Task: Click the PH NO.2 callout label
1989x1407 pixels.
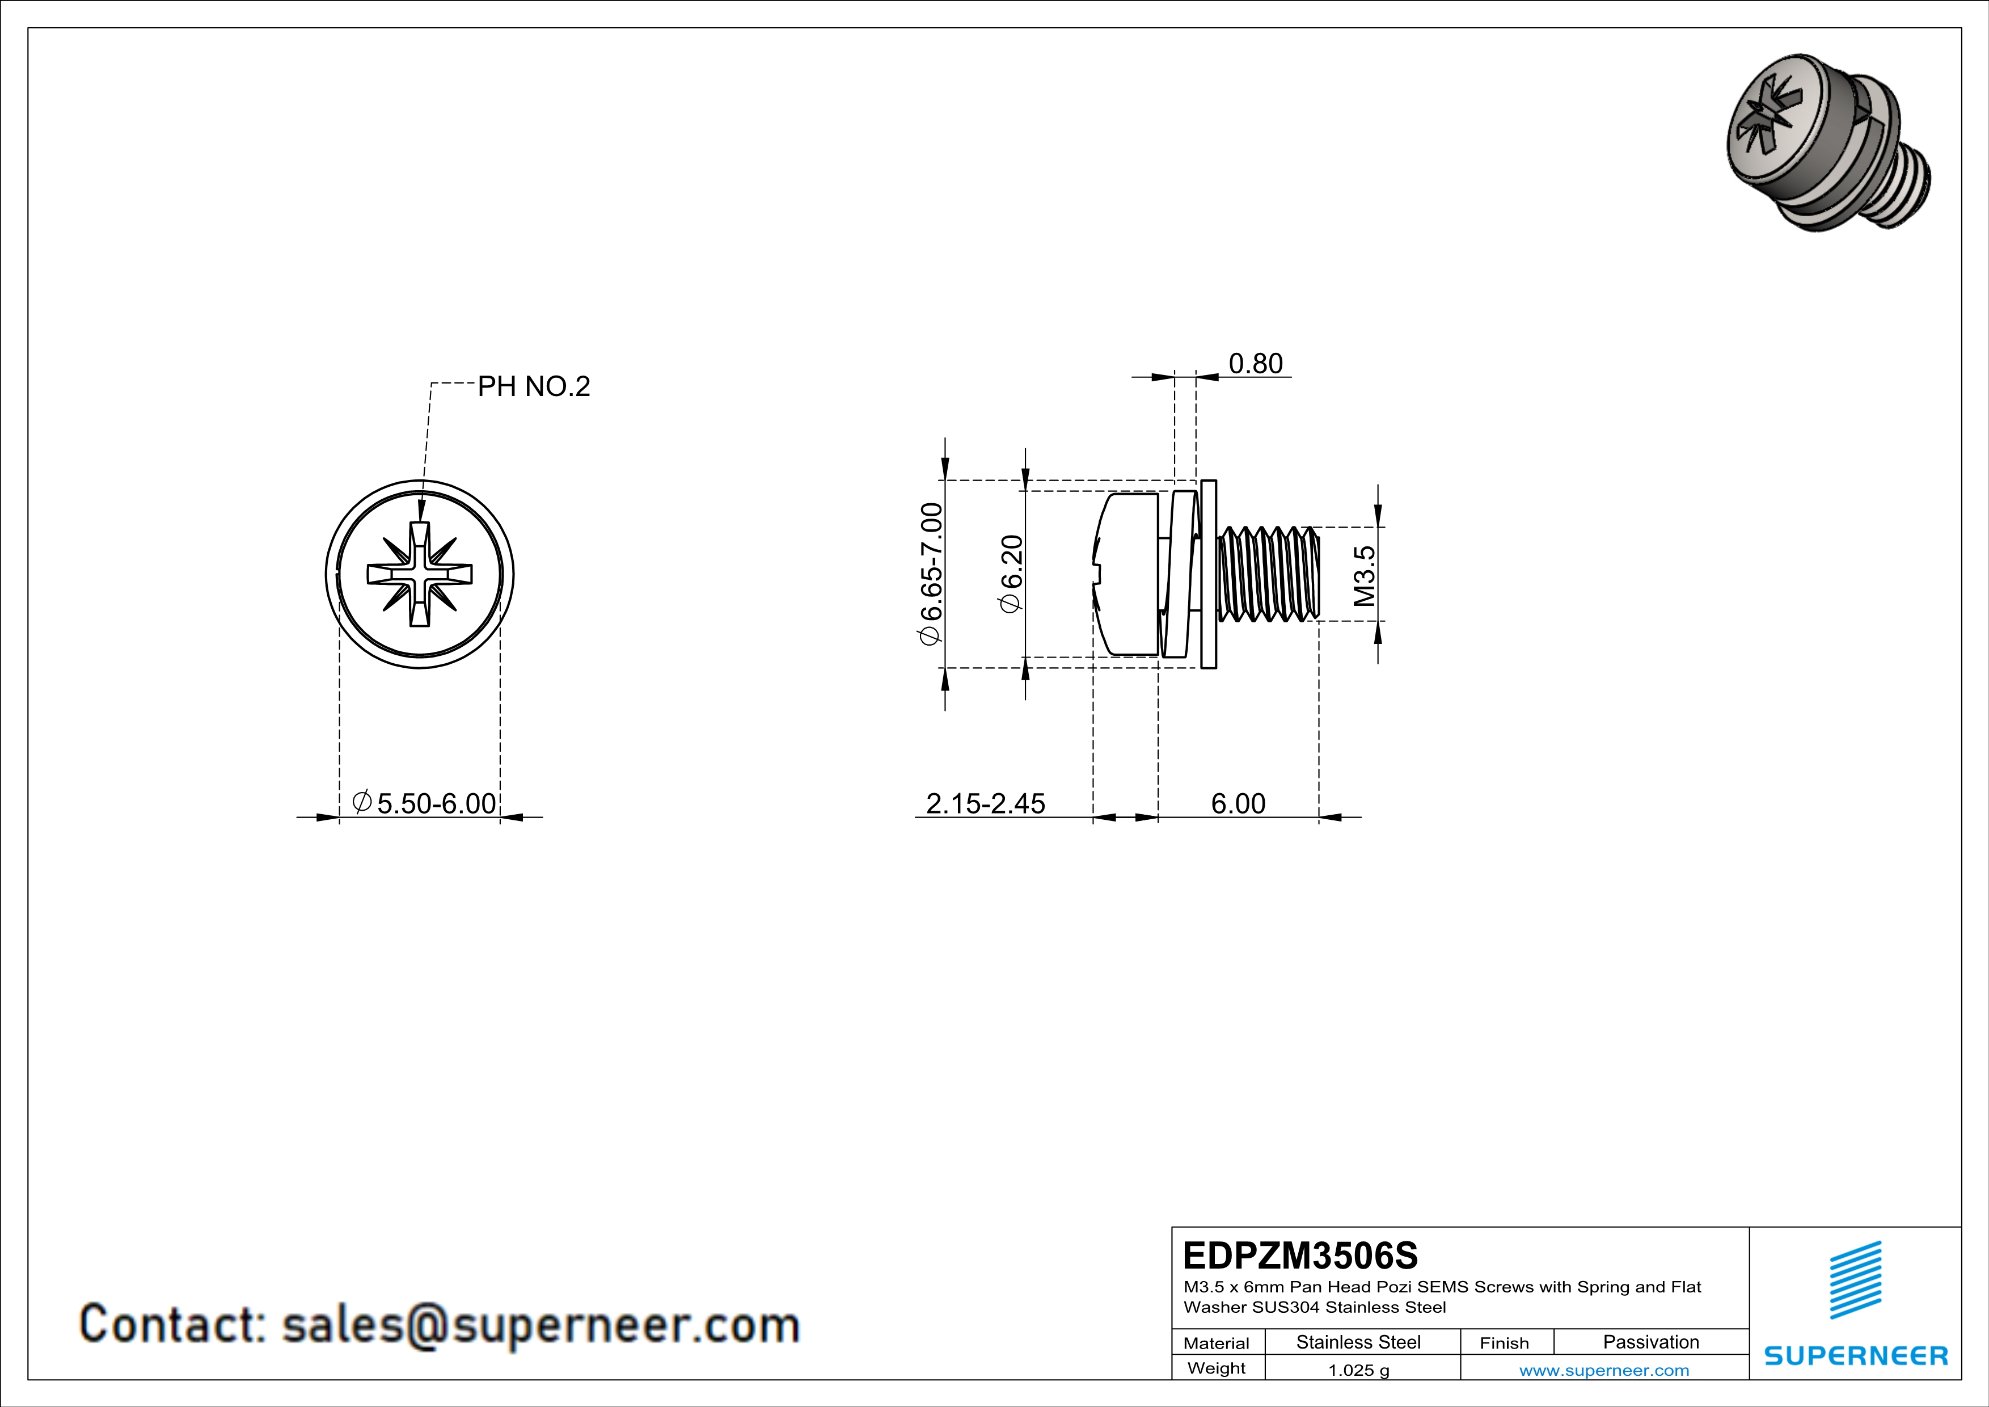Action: coord(534,386)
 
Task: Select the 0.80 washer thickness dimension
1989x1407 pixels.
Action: coord(1255,364)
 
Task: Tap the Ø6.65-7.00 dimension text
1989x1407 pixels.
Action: coord(930,574)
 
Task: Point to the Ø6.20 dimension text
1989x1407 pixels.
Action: coord(1012,574)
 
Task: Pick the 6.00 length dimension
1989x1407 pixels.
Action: coord(1238,803)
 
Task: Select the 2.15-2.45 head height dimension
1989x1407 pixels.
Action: coord(985,803)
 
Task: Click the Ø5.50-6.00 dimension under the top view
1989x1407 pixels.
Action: coord(424,803)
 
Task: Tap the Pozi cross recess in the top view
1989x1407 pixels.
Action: coord(420,574)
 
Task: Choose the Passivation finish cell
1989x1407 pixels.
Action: coord(1650,1342)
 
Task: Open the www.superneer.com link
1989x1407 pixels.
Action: coord(1603,1370)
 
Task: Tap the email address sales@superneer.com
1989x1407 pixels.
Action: coord(540,1325)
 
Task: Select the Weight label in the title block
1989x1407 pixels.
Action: coord(1217,1368)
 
